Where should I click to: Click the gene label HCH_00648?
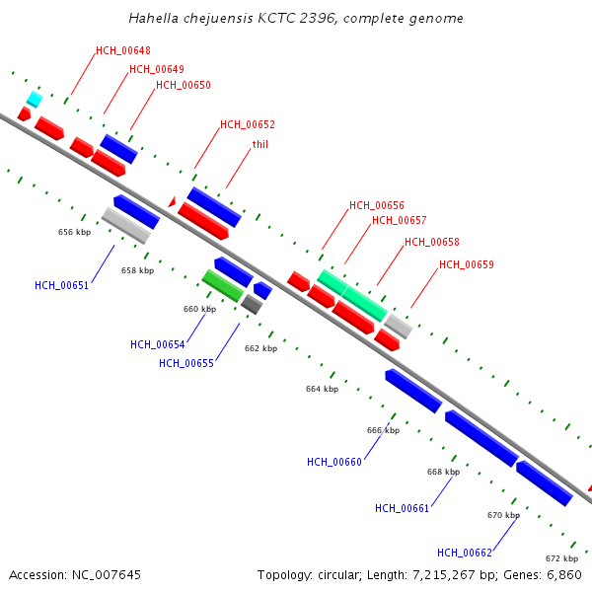123,50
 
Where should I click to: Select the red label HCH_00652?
248,125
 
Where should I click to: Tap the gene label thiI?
260,144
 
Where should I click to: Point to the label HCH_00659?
467,264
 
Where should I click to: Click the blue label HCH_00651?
61,285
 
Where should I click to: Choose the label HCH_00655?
185,363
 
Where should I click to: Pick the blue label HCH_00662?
464,553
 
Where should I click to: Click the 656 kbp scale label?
75,232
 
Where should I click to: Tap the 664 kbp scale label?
322,389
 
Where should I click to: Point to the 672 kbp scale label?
561,557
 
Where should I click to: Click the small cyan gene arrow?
35,99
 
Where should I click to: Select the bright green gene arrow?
223,285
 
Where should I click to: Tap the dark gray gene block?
252,304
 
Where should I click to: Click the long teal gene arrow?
351,294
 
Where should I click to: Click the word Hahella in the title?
153,19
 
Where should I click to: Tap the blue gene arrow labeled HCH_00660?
412,391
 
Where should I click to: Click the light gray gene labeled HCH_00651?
125,225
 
